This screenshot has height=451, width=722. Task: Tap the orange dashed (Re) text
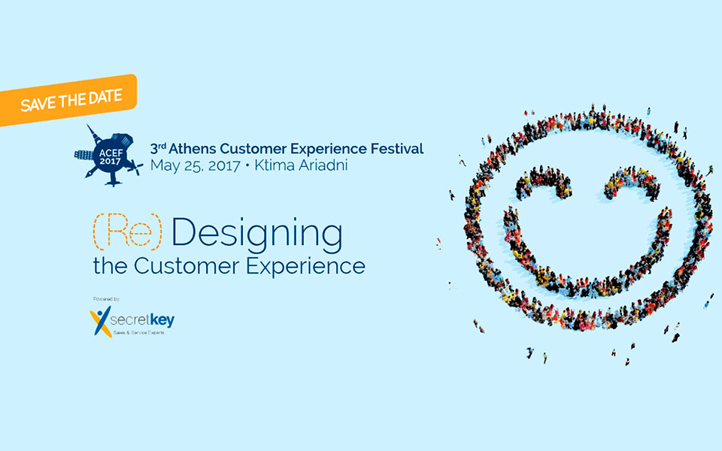click(126, 232)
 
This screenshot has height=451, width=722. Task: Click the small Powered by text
click(106, 299)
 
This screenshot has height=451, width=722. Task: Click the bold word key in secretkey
click(162, 320)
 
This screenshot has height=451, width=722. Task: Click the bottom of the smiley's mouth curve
click(587, 287)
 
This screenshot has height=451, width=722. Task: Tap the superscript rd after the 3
click(160, 145)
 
